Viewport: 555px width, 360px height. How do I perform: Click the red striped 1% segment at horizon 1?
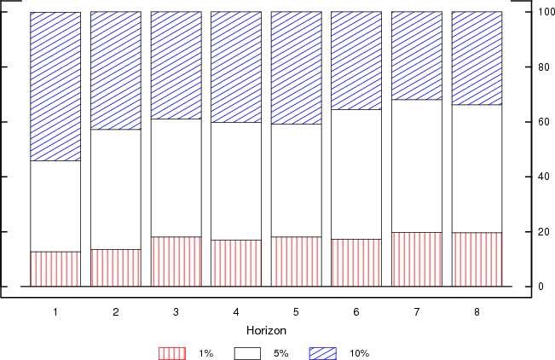pos(55,269)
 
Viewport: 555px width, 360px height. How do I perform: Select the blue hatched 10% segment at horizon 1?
pos(55,86)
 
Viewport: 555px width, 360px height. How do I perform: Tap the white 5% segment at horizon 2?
pos(116,189)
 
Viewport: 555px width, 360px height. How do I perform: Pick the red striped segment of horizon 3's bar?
pos(176,261)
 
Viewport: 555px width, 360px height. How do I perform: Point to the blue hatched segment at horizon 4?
pos(236,67)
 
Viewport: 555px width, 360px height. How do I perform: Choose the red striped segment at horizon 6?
pos(356,263)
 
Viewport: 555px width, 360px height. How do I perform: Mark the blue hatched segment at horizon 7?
pos(417,55)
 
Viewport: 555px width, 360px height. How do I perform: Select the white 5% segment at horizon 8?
pos(477,168)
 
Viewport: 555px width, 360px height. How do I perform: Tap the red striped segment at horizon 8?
pos(477,259)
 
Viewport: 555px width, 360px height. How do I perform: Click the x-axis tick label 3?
pos(176,312)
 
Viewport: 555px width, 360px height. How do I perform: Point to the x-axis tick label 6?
pos(356,312)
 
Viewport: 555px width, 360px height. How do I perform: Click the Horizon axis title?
pos(265,330)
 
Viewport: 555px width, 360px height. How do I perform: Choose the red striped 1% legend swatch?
pos(171,352)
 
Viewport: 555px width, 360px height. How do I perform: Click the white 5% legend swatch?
pos(246,352)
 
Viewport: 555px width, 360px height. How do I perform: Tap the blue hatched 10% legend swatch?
pos(322,352)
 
